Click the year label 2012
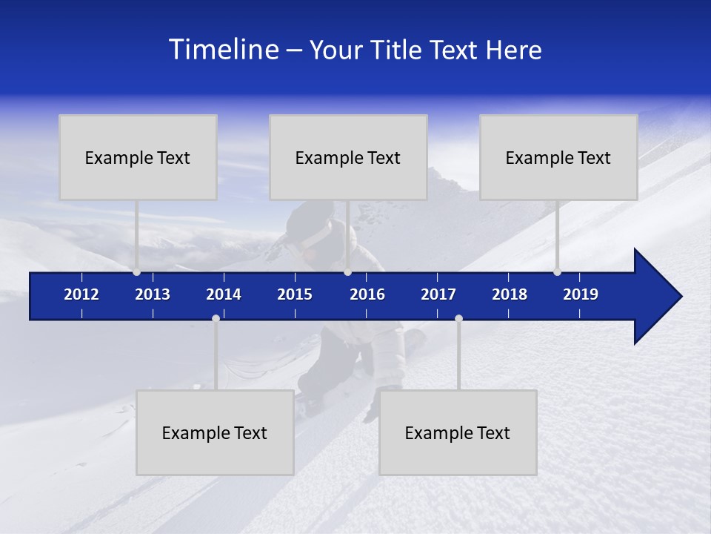click(81, 294)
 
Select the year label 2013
click(153, 294)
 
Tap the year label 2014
click(224, 294)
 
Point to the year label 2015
click(295, 294)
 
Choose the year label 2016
click(367, 294)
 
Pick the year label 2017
click(438, 294)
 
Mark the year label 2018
click(510, 294)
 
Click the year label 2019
click(581, 294)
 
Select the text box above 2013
click(138, 157)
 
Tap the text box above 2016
click(348, 157)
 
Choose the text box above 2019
click(558, 157)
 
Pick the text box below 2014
click(215, 432)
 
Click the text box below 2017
click(458, 432)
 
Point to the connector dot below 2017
click(458, 318)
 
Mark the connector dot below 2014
click(216, 318)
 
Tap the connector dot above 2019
click(557, 272)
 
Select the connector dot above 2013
click(136, 272)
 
